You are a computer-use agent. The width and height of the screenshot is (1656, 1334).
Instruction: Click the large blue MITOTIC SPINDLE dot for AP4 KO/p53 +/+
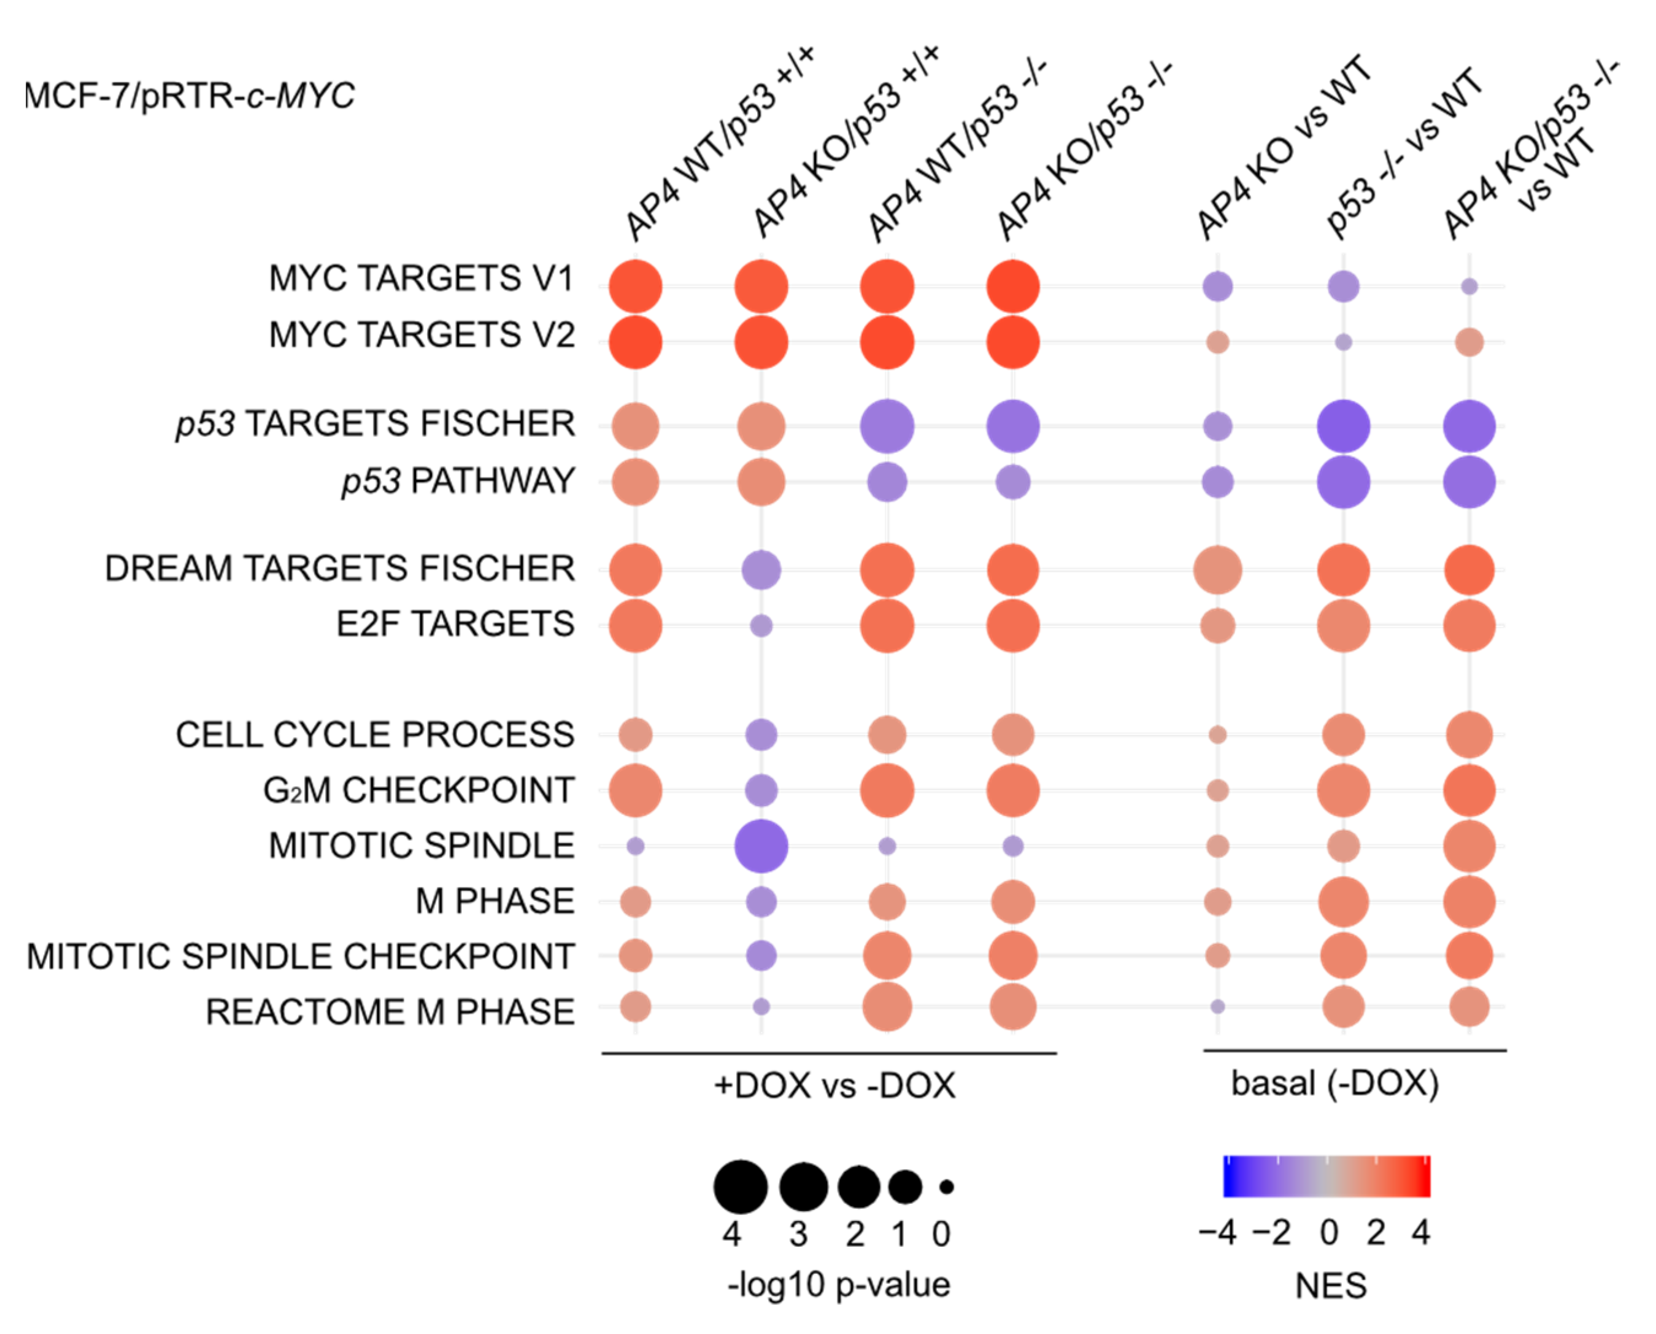click(x=761, y=846)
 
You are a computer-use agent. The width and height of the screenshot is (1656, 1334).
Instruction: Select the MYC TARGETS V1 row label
click(x=421, y=278)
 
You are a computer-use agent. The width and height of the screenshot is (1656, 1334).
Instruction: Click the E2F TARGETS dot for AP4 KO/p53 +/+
click(x=761, y=625)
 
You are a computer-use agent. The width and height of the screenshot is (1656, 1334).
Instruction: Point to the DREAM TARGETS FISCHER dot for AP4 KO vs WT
click(x=1217, y=570)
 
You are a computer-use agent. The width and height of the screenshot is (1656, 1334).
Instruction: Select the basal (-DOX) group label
click(x=1334, y=1084)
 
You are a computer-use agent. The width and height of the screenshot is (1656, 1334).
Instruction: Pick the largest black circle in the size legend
click(x=740, y=1187)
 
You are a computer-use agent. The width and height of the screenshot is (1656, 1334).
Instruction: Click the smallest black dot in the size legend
click(x=947, y=1187)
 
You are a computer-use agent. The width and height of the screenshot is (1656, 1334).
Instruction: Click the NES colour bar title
click(x=1331, y=1286)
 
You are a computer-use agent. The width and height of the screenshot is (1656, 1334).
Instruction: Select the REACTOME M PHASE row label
click(x=390, y=1012)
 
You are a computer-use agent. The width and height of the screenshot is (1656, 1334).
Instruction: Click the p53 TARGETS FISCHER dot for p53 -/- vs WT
click(x=1343, y=426)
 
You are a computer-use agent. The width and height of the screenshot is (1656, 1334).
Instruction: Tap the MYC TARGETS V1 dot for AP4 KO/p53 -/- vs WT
click(x=1469, y=287)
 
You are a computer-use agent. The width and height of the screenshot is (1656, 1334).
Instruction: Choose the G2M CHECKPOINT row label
click(x=419, y=790)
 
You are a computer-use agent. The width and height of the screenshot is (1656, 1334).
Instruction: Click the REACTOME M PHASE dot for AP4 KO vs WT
click(x=1217, y=1006)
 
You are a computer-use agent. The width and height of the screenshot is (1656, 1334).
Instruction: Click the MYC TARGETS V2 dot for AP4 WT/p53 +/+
click(x=636, y=342)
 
